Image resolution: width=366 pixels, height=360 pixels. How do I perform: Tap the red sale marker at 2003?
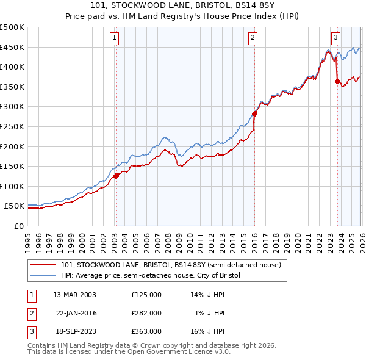[116, 176]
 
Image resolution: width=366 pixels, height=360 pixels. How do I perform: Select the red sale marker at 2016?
[255, 113]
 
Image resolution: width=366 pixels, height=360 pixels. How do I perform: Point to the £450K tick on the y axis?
[12, 47]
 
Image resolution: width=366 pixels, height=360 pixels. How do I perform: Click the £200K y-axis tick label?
[12, 146]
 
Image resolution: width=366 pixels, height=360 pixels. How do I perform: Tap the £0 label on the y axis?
[18, 226]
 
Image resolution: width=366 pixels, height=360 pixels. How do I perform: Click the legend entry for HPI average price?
[151, 276]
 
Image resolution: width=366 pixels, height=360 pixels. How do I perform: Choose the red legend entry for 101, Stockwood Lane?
[171, 265]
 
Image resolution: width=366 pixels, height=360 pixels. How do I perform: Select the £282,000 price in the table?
[146, 313]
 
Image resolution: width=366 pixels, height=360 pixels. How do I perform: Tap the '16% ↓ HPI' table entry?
[208, 331]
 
